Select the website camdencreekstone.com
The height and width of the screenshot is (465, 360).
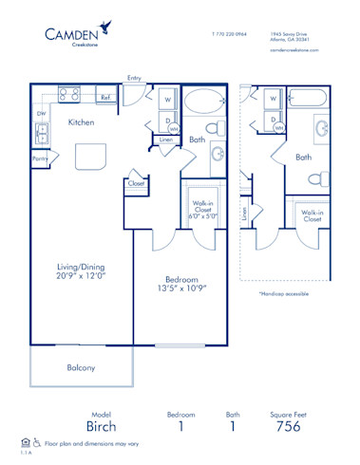click(x=297, y=50)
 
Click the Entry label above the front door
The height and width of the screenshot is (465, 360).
click(x=134, y=79)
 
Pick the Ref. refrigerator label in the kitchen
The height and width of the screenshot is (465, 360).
click(x=104, y=97)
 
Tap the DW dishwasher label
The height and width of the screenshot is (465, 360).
click(x=41, y=113)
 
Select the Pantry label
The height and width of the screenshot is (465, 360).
click(x=40, y=159)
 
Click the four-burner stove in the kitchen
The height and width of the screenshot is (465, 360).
click(x=69, y=94)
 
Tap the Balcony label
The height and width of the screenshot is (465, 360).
click(x=80, y=367)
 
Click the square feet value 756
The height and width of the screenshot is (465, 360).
click(x=287, y=427)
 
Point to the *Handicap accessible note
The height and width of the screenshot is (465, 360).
click(x=283, y=294)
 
